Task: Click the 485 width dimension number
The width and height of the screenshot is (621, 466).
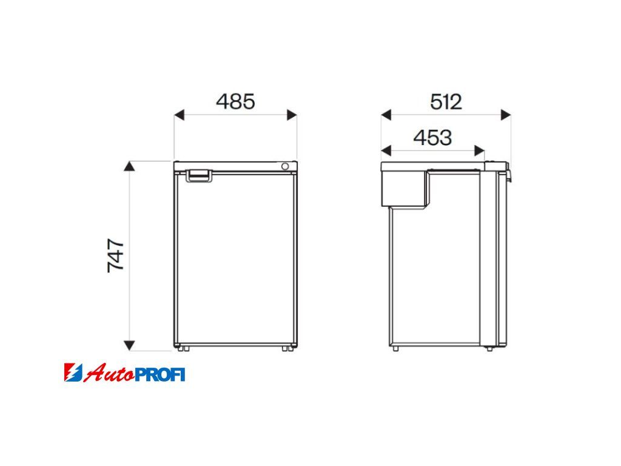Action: coord(235,101)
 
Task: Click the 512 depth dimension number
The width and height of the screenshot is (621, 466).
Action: coord(446,102)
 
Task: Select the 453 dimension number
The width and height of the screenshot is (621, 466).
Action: coord(432,138)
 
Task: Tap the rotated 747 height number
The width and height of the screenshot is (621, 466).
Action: coord(116,255)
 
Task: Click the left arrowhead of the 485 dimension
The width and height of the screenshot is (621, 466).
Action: coord(179,115)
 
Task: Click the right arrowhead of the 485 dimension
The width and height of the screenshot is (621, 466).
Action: coord(292,115)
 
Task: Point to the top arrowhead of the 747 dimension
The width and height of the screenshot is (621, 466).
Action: coord(129,166)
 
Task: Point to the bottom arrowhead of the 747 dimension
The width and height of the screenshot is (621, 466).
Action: coord(129,345)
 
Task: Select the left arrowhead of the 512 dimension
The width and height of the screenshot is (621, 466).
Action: coord(386,115)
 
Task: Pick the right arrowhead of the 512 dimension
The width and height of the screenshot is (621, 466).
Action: coord(505,115)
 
